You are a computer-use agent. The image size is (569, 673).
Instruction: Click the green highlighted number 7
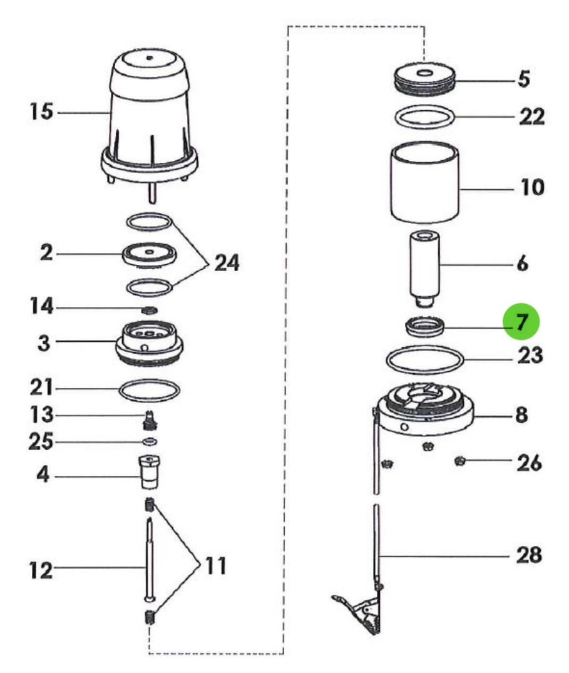[521, 322]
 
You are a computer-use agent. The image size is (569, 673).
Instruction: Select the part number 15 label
[43, 113]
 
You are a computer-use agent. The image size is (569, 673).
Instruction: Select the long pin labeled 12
[149, 557]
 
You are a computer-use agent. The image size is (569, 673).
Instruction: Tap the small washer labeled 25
[149, 442]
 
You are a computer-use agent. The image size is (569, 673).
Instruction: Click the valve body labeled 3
[149, 343]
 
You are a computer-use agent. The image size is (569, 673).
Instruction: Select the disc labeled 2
[149, 254]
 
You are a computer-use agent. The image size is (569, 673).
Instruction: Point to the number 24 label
[226, 263]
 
